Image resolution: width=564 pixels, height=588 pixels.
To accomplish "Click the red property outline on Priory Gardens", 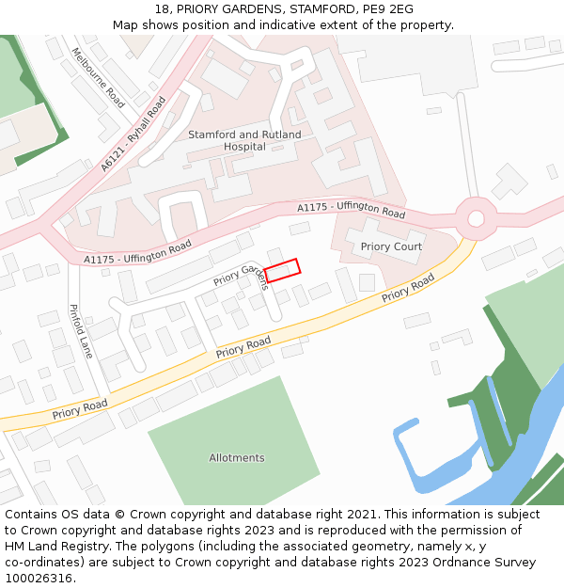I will tap(282, 270).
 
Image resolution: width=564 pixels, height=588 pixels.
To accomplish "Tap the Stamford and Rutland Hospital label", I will tap(244, 140).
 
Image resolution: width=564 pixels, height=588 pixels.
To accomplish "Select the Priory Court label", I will tap(391, 246).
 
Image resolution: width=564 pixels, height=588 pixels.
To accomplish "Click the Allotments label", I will tap(237, 458).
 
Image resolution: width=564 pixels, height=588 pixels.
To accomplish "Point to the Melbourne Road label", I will tap(98, 77).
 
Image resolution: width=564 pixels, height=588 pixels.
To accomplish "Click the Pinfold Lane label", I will tap(81, 330).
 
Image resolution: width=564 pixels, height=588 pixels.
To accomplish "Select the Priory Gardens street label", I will tap(242, 277).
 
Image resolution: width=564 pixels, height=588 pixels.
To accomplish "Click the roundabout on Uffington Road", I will tap(476, 218).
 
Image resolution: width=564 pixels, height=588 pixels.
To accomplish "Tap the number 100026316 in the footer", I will tap(39, 578).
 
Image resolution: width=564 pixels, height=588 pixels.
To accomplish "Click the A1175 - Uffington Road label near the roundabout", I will tap(351, 210).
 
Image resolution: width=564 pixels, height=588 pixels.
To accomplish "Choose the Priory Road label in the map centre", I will tap(243, 347).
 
